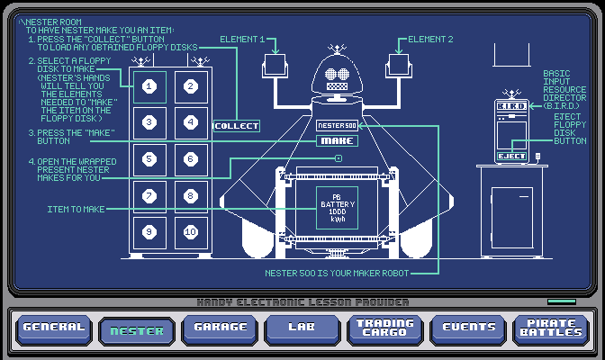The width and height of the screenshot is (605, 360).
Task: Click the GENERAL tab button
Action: coord(53,328)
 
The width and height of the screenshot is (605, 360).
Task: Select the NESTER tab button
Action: coord(136,330)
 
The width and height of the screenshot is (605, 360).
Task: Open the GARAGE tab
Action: coord(220,328)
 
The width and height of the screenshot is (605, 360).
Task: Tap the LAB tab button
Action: coord(302,328)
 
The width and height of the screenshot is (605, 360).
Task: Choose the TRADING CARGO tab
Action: coord(384,328)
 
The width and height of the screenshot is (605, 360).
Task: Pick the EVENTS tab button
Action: coord(467,328)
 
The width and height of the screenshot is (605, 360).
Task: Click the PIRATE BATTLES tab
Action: coord(550,328)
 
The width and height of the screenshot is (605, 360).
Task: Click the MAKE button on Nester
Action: coord(338,140)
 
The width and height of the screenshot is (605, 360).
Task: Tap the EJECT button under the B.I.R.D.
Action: coord(511,156)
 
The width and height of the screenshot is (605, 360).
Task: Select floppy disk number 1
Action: coord(150,86)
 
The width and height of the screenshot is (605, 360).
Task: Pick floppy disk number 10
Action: coord(190,231)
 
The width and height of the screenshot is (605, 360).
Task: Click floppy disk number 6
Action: coord(190,159)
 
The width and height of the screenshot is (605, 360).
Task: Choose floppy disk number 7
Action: coord(150,195)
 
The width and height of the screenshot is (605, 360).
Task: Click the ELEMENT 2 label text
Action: coord(430,40)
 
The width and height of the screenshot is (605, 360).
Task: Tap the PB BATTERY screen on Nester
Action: coord(338,207)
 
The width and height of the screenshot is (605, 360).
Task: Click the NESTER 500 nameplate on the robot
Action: coord(338,125)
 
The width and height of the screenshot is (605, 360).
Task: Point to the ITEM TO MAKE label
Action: coord(75,209)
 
